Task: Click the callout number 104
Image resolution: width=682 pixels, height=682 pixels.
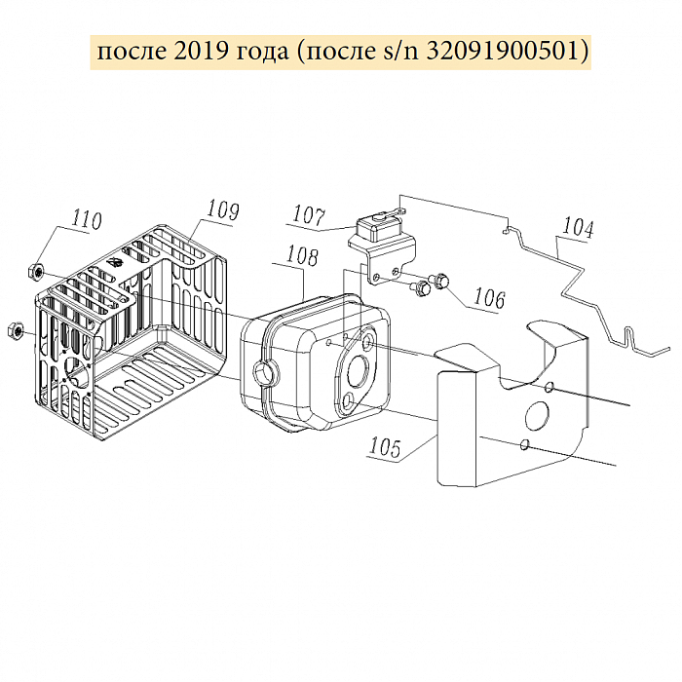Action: [x=577, y=229]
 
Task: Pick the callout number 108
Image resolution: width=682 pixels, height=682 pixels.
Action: [x=302, y=257]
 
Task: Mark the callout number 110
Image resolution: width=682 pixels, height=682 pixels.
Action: [x=87, y=220]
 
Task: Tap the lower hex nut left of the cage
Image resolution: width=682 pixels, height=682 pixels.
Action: [x=16, y=330]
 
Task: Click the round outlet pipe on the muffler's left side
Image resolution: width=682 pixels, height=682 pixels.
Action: [x=264, y=371]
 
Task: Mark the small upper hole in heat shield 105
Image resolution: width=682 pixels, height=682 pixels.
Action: [x=549, y=389]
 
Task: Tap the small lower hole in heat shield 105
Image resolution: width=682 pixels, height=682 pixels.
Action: [x=525, y=445]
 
